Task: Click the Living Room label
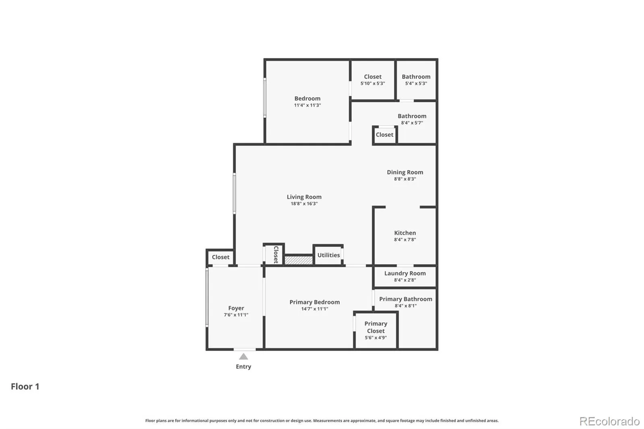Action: point(304,197)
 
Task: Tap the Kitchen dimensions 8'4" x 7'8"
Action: point(405,239)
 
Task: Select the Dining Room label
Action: point(405,172)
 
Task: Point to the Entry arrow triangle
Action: point(244,357)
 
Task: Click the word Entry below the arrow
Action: point(244,367)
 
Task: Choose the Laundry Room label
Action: point(405,273)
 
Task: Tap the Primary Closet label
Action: point(376,327)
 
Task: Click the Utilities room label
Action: point(328,255)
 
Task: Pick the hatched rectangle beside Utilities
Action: point(299,260)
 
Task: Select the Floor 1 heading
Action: point(25,386)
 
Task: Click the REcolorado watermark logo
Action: point(609,421)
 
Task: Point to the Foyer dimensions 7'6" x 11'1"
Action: point(236,315)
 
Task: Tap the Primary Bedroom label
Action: point(314,302)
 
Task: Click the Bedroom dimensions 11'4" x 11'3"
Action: point(308,105)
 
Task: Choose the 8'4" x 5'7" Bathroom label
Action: point(412,116)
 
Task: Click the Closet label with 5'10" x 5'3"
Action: point(373,77)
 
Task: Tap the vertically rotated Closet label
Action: point(276,254)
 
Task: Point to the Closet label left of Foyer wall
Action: point(221,257)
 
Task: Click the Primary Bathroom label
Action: point(406,299)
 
